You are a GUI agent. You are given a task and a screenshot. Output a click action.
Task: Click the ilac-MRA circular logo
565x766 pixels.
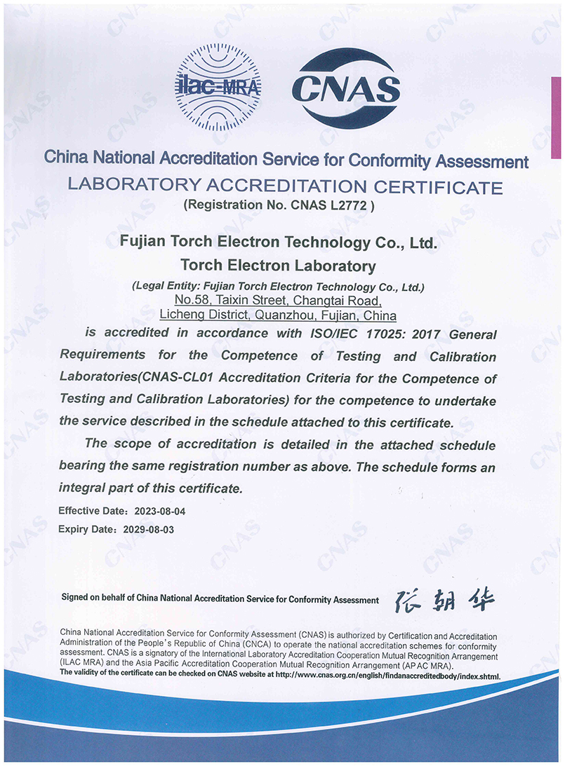(x=217, y=87)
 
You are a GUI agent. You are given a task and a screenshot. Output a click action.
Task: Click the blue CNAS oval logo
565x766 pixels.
(x=345, y=88)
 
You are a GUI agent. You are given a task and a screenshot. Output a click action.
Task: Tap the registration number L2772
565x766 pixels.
(x=357, y=206)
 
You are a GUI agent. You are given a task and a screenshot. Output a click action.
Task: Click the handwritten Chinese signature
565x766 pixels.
(x=444, y=600)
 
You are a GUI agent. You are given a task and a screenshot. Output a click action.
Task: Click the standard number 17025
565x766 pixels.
(x=363, y=334)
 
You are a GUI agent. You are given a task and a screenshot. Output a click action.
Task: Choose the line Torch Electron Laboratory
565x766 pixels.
(x=278, y=266)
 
